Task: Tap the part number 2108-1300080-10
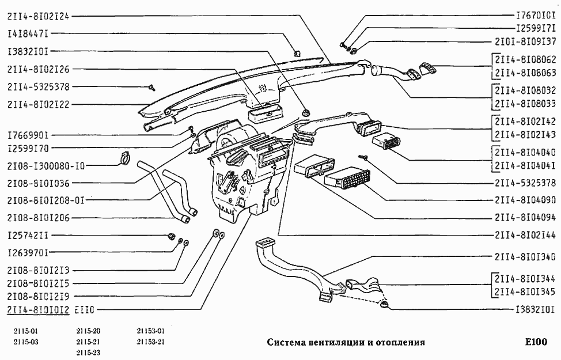[47, 166]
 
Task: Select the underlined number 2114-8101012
[38, 309]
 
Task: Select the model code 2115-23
[88, 353]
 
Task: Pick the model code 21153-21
[151, 342]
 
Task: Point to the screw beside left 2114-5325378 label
[153, 87]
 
